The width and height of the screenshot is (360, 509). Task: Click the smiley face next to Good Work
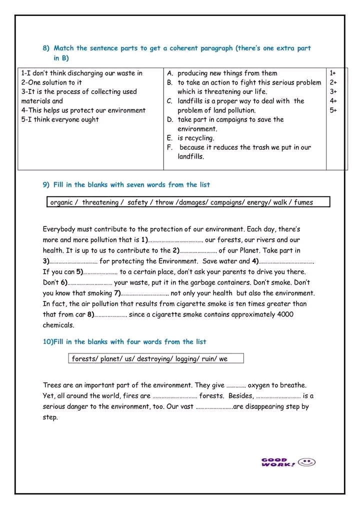click(306, 462)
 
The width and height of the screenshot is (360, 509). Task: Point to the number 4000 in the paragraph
click(284, 314)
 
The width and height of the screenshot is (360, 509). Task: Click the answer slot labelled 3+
click(333, 91)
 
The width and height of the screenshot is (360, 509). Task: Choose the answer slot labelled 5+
click(333, 110)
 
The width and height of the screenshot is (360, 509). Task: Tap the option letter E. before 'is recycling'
click(170, 138)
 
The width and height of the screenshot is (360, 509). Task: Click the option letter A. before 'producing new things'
click(170, 73)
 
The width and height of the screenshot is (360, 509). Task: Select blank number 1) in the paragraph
click(172, 240)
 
